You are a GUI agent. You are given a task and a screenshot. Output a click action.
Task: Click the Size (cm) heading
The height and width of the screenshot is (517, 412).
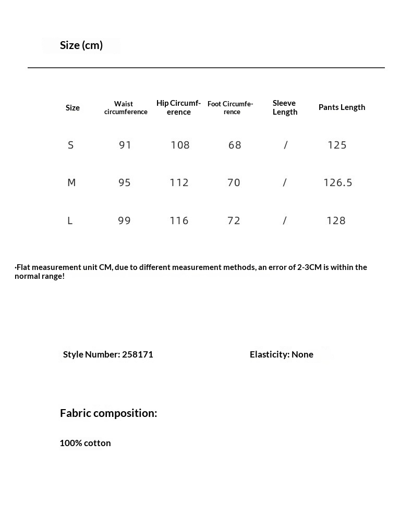81,45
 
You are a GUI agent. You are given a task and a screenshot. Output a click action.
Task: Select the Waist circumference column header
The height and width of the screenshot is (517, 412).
125,108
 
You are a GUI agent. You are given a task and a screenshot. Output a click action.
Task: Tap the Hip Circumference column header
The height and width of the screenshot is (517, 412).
178,107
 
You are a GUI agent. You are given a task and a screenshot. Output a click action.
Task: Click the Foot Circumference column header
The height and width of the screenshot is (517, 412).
231,108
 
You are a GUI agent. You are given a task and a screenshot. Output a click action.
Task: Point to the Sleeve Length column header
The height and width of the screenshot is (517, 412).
285,107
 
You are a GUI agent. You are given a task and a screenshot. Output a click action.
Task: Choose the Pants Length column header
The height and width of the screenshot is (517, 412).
342,107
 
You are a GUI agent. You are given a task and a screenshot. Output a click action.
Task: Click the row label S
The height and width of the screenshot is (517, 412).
71,145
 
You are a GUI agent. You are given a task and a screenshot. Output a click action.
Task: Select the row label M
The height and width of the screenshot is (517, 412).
71,183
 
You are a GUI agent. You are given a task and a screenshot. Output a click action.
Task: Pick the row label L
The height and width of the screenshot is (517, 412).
70,221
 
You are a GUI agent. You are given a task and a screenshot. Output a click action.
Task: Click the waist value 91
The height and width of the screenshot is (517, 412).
125,145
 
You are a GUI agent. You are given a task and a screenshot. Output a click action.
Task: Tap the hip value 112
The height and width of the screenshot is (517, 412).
179,183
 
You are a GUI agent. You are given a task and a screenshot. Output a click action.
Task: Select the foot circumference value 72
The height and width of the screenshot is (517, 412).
234,221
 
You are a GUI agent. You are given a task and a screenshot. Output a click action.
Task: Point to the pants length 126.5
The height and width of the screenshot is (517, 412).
338,183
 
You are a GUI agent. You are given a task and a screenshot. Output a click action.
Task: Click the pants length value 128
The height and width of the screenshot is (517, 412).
336,221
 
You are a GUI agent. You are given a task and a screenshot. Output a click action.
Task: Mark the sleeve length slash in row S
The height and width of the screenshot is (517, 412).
285,145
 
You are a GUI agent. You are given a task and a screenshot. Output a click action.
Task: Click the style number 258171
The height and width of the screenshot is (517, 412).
137,354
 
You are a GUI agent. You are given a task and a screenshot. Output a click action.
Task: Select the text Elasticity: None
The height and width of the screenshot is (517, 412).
282,354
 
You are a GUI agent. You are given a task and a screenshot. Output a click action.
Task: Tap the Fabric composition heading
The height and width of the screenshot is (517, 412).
108,413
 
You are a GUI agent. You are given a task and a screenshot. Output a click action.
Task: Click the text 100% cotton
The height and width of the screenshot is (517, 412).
85,443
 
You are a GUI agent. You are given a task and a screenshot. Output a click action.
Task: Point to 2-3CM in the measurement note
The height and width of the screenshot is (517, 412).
309,267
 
